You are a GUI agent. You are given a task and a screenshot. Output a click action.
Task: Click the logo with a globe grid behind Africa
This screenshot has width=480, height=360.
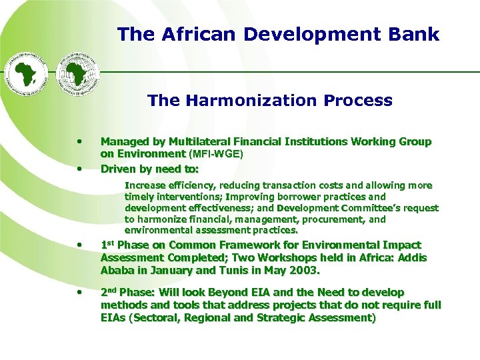(x=77, y=72)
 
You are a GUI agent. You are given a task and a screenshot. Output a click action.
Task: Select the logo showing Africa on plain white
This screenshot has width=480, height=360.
(x=27, y=72)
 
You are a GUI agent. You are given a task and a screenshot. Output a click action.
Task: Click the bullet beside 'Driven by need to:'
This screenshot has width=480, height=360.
(x=79, y=169)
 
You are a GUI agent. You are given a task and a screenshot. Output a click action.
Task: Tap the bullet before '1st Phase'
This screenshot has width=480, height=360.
(x=79, y=245)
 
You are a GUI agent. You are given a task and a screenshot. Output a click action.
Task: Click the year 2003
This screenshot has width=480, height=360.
(x=305, y=271)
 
